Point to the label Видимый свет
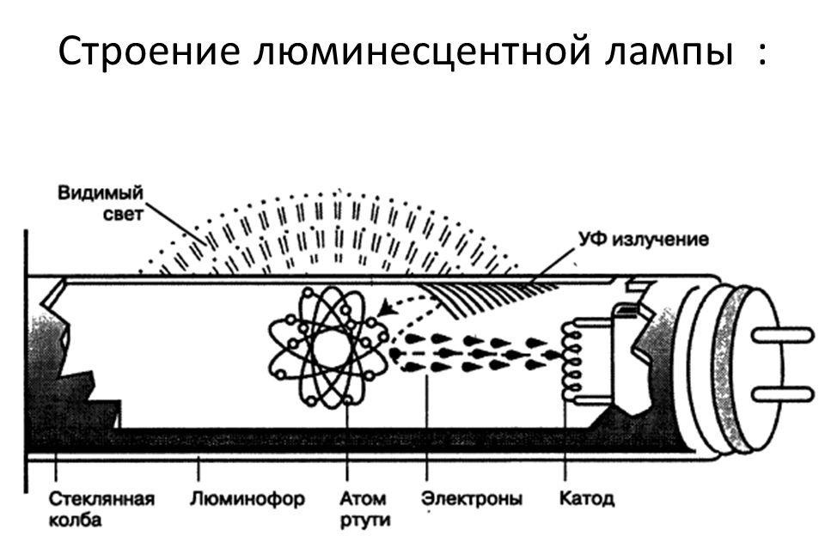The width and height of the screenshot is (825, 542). pos(100,202)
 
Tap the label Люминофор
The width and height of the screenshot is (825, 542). pos(247,499)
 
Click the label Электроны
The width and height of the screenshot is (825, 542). pos(471,499)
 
